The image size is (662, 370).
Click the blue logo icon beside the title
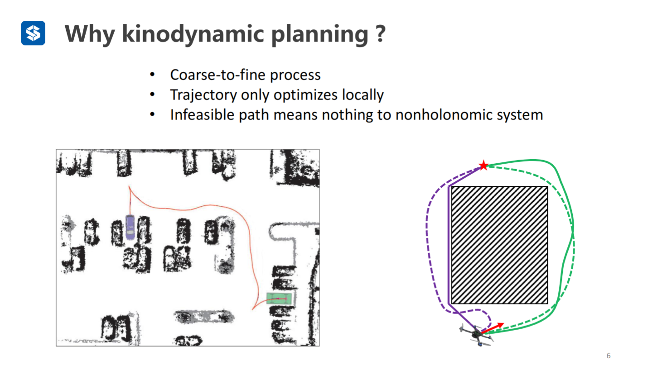[33, 33]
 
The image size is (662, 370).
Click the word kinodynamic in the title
[193, 34]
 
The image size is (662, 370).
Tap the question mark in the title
[381, 34]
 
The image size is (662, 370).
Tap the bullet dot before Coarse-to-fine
[153, 75]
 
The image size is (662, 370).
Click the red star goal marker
[483, 166]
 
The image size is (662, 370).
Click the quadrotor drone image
[475, 335]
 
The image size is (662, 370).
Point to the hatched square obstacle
[499, 245]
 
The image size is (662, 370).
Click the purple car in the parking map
[130, 227]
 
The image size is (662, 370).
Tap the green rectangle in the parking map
[279, 299]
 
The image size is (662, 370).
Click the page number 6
[609, 356]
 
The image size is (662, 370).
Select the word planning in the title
[319, 34]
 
